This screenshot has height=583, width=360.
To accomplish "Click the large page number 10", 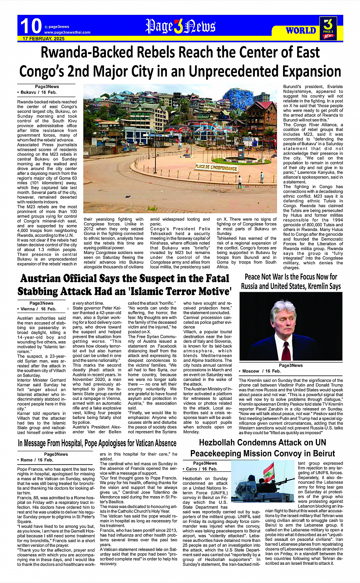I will (30, 26).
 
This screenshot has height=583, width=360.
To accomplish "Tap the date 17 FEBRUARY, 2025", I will (43, 39).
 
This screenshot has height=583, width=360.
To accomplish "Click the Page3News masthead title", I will (180, 27).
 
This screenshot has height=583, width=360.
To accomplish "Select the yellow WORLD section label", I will (301, 30).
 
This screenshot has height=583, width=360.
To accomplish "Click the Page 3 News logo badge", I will (328, 29).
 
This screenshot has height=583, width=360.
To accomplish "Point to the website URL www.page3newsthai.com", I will (67, 32).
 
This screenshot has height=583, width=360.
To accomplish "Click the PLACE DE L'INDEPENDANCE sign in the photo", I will (216, 167).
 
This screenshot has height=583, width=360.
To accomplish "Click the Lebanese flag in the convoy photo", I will (269, 472).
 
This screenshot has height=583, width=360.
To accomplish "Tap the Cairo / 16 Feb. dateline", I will (202, 469).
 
